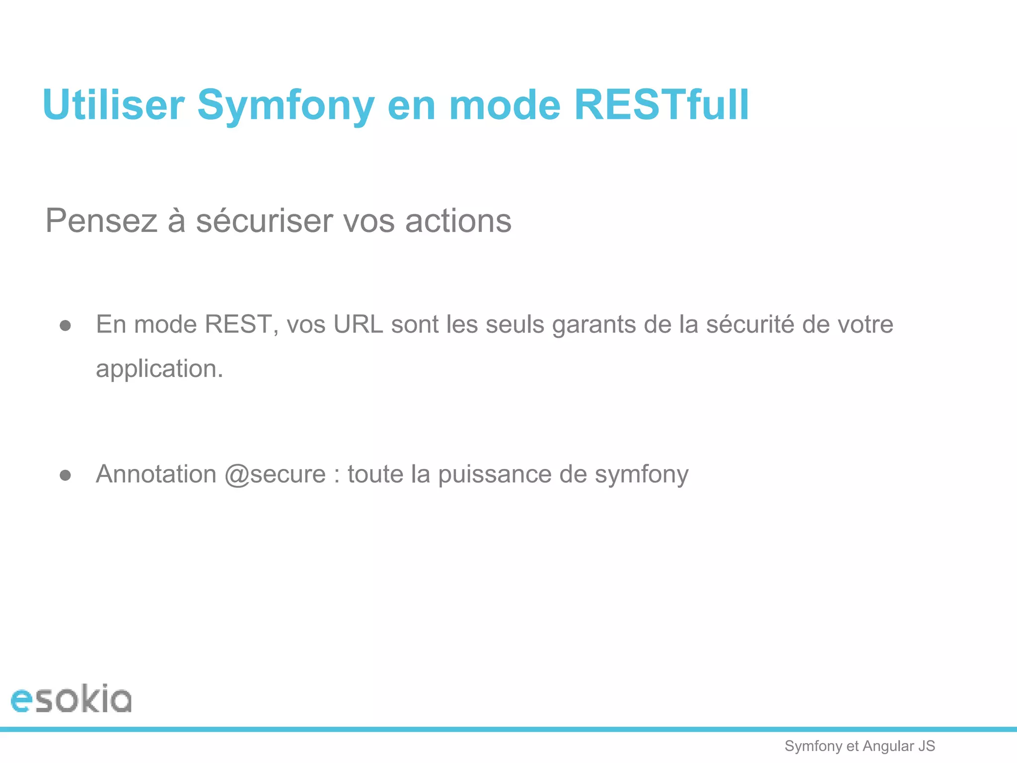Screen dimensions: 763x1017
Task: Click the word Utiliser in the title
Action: [x=113, y=105]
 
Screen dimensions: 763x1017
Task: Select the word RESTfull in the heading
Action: [x=661, y=105]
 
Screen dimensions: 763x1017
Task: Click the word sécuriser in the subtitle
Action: [x=264, y=221]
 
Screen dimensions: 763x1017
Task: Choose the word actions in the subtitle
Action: [x=458, y=221]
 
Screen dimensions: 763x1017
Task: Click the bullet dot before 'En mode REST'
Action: [x=65, y=326]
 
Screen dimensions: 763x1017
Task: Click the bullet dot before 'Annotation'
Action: [x=65, y=475]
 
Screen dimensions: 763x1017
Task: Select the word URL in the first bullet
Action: [x=358, y=324]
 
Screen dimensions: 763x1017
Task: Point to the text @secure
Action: [x=275, y=474]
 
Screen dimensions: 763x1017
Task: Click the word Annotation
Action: [x=156, y=474]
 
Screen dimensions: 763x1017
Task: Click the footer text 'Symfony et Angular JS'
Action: [x=860, y=746]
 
